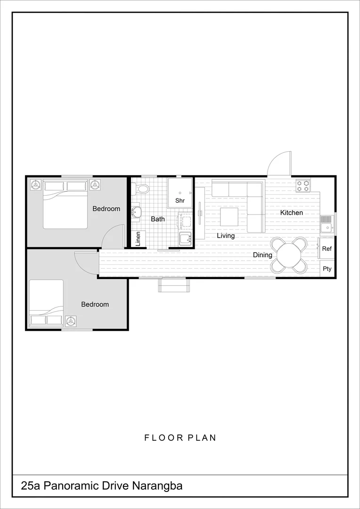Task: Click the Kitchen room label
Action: coord(291,213)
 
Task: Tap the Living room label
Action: coord(226,236)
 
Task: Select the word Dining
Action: coord(262,255)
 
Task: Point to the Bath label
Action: coord(158,219)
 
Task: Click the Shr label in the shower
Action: coord(180,201)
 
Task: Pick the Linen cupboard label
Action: coord(138,239)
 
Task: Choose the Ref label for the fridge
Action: coord(327,249)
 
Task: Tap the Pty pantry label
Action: coord(327,269)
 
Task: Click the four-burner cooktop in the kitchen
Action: coord(303,186)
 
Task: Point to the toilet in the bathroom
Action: coord(141,189)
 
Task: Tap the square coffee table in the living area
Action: coord(229,217)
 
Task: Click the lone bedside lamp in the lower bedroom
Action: coord(71,321)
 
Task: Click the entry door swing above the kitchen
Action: coord(280,164)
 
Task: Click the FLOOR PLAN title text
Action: coord(180,438)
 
